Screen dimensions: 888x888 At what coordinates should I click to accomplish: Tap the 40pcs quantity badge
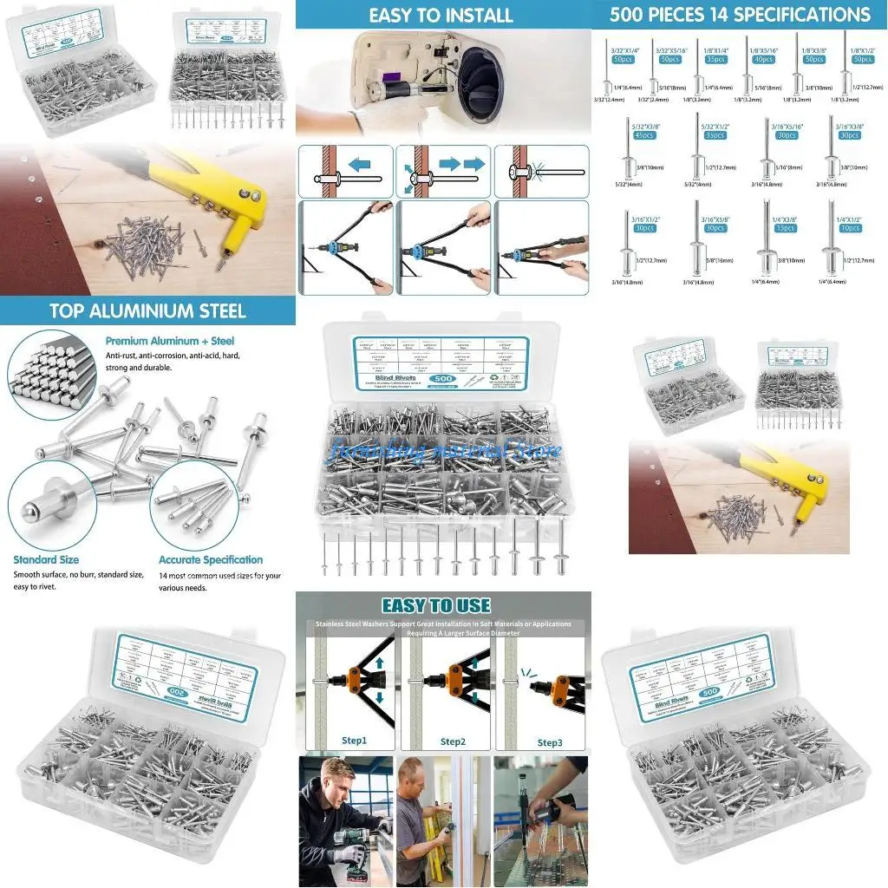pos(762,60)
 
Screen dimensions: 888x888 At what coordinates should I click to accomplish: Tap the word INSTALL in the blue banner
pos(478,15)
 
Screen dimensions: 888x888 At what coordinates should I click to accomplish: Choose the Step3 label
pos(550,742)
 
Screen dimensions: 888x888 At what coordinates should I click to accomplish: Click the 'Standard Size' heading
pos(46,559)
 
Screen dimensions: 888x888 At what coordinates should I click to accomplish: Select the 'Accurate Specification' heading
pos(210,559)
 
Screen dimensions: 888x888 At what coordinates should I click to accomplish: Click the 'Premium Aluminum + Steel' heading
pos(170,341)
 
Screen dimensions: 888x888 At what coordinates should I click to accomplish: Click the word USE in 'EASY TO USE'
pos(469,605)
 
